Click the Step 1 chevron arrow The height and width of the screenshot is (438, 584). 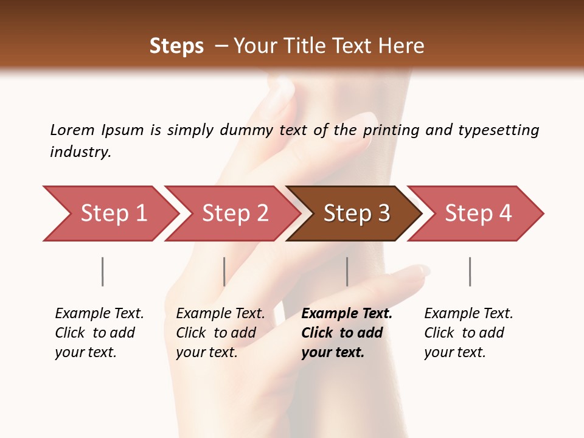[x=113, y=214]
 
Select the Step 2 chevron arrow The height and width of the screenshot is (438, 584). [x=234, y=214]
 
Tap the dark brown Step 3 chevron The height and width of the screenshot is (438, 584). [x=356, y=214]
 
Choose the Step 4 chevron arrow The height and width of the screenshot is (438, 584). [x=478, y=214]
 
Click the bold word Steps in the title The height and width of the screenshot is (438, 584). [x=176, y=46]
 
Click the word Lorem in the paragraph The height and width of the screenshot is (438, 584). [x=72, y=130]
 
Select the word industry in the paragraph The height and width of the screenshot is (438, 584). [x=80, y=152]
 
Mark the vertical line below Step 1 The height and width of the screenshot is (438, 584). [x=103, y=271]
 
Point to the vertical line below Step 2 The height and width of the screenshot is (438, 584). [x=224, y=271]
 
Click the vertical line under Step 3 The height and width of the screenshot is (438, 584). [x=347, y=271]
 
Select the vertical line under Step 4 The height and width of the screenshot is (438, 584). [x=470, y=271]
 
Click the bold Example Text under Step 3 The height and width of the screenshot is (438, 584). [x=347, y=314]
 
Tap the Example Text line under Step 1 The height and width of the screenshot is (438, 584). [x=99, y=314]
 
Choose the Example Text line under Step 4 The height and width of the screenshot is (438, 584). [x=468, y=314]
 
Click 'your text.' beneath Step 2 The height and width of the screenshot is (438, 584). [x=207, y=352]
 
